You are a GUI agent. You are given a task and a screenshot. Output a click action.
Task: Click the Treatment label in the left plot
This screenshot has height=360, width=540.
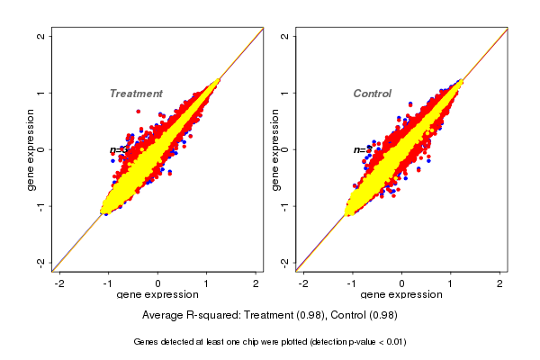(x=136, y=94)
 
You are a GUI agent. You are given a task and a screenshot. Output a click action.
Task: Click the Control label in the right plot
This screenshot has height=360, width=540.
(x=372, y=94)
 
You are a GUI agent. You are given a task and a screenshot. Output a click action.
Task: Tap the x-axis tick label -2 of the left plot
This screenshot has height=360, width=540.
(x=60, y=284)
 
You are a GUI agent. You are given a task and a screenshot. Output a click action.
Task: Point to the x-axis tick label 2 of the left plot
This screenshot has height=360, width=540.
(x=257, y=284)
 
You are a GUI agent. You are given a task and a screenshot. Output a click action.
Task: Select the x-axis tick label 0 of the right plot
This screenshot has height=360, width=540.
(x=401, y=284)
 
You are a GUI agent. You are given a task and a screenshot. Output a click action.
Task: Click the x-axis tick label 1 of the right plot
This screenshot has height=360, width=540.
(x=451, y=284)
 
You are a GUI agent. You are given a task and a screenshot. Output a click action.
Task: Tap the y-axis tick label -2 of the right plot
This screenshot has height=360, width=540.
(x=284, y=262)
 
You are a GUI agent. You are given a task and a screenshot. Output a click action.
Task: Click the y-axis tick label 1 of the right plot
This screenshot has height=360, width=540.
(x=284, y=93)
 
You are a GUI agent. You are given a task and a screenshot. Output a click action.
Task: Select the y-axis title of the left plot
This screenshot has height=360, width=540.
(x=31, y=149)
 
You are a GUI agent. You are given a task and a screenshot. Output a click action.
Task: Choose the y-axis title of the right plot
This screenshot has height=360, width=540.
(x=274, y=149)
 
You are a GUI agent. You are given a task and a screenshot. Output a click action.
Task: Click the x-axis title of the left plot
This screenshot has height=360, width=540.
(x=157, y=296)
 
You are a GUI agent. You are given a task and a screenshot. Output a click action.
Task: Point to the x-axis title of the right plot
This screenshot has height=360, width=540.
(x=400, y=296)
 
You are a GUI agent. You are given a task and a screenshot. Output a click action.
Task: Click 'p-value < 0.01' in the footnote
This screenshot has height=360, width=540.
(x=376, y=342)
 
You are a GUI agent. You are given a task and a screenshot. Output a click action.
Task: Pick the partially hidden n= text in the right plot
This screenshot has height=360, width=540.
(x=358, y=149)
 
